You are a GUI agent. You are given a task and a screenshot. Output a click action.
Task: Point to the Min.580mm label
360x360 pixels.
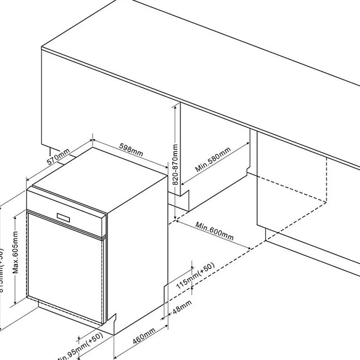[x=213, y=160]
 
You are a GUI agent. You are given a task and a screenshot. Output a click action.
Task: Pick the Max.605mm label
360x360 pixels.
[x=15, y=252]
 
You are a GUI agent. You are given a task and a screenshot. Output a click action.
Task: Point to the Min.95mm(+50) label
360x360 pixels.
[x=76, y=349]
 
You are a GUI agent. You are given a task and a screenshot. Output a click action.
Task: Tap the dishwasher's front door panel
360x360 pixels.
[x=65, y=267]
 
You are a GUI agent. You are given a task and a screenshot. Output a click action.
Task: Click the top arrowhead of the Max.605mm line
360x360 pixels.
[x=14, y=217]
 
